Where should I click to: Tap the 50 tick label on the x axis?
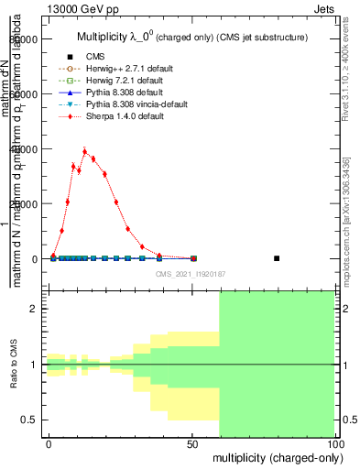click(192, 443)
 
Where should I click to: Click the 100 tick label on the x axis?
click(335, 443)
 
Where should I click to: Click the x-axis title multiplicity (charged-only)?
click(275, 457)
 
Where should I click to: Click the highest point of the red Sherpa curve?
click(84, 152)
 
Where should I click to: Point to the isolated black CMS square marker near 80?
click(277, 258)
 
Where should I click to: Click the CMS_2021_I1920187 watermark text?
click(191, 274)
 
